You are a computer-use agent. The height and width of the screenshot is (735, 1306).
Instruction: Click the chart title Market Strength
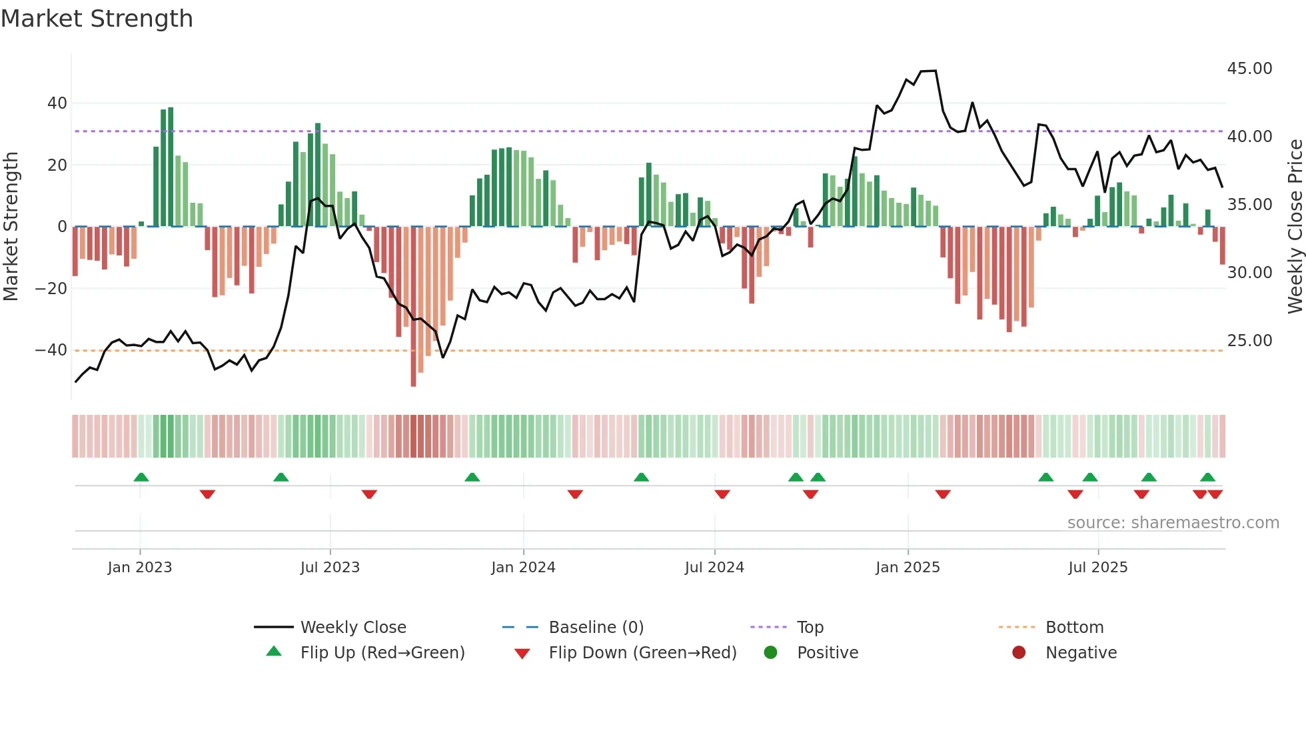pos(97,19)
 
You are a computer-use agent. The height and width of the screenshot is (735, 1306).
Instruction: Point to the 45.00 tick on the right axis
pos(1249,69)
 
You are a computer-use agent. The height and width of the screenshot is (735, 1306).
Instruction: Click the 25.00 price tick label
pos(1249,341)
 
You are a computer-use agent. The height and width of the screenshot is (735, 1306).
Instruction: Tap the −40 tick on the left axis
pos(51,350)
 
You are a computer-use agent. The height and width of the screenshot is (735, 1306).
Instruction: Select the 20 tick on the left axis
pos(57,165)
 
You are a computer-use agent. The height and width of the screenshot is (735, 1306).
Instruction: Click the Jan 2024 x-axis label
pos(523,568)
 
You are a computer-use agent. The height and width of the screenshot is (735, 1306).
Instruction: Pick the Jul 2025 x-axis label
pos(1097,568)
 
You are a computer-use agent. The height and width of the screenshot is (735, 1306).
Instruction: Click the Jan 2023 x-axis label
pos(140,568)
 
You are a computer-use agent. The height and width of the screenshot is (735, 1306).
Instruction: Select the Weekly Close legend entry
pos(352,628)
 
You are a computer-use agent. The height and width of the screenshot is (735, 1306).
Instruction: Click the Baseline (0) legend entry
pos(596,628)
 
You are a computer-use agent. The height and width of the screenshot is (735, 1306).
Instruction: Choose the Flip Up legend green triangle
pos(274,652)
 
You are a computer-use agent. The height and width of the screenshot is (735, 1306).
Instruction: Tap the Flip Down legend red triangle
pos(522,654)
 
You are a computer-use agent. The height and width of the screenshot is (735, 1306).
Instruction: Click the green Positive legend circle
pos(771,653)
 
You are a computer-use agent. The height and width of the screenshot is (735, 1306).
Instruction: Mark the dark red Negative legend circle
pos(1019,653)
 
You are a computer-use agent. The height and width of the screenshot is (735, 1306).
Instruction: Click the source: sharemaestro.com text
pos(1173,523)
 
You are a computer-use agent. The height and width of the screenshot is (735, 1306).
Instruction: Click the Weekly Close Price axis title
pos(1295,227)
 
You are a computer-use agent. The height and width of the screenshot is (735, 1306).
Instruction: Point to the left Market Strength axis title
pos(11,227)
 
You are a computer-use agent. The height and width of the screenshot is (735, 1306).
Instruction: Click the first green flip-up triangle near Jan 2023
pos(141,477)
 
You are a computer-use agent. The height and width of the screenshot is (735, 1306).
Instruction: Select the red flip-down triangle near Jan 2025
pos(942,494)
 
